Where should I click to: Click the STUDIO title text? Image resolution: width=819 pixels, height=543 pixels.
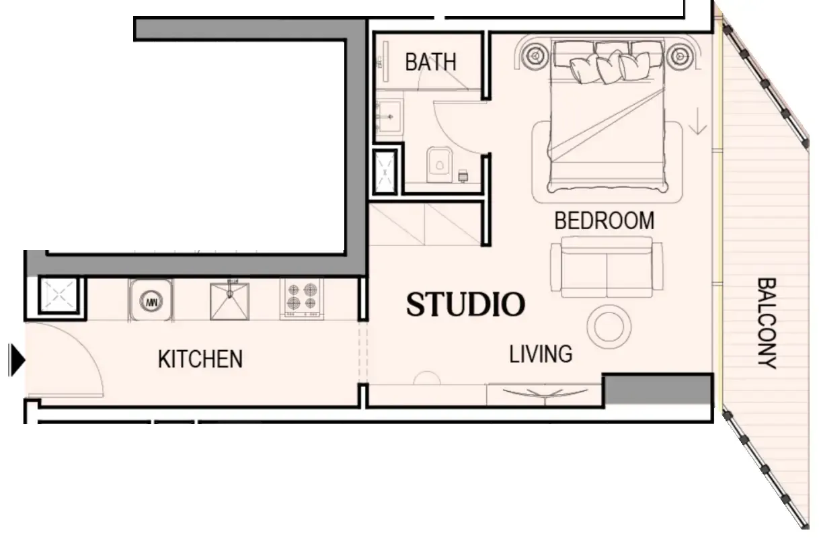click(465, 304)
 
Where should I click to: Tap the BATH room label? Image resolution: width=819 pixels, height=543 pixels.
click(430, 62)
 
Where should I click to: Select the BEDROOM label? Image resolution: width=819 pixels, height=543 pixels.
click(604, 220)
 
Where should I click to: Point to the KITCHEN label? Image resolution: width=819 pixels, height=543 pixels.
click(200, 359)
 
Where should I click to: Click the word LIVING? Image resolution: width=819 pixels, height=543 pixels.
click(541, 353)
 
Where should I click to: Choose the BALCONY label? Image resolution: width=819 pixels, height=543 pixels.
click(767, 323)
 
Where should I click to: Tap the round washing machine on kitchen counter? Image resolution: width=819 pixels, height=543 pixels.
click(152, 300)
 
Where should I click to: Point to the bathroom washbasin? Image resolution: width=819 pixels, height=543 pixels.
click(389, 118)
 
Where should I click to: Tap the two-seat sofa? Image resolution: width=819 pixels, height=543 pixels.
click(606, 267)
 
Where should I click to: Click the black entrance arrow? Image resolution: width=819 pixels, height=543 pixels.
click(17, 360)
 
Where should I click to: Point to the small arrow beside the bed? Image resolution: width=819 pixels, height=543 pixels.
click(699, 121)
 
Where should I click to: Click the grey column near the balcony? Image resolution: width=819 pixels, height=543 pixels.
click(657, 389)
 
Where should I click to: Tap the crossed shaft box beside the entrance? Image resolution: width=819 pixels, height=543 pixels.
click(56, 296)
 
